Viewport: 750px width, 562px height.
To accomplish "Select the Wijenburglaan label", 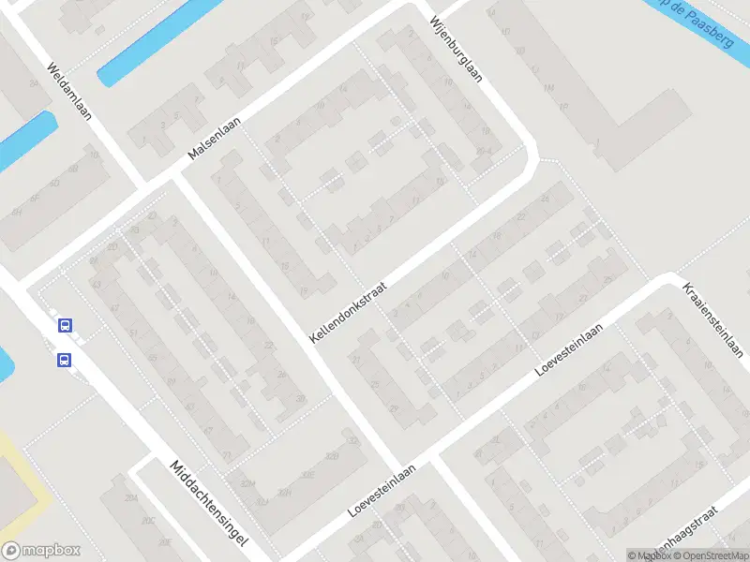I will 456,49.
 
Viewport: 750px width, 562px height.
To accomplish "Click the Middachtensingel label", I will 208,504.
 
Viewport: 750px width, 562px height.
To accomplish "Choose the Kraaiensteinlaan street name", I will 712,318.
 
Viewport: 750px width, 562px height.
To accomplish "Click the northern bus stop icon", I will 65,326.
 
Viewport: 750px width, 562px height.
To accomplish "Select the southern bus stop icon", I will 65,360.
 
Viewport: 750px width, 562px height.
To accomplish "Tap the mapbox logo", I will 41,551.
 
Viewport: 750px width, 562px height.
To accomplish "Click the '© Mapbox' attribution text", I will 649,555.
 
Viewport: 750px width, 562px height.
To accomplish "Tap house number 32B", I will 330,456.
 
